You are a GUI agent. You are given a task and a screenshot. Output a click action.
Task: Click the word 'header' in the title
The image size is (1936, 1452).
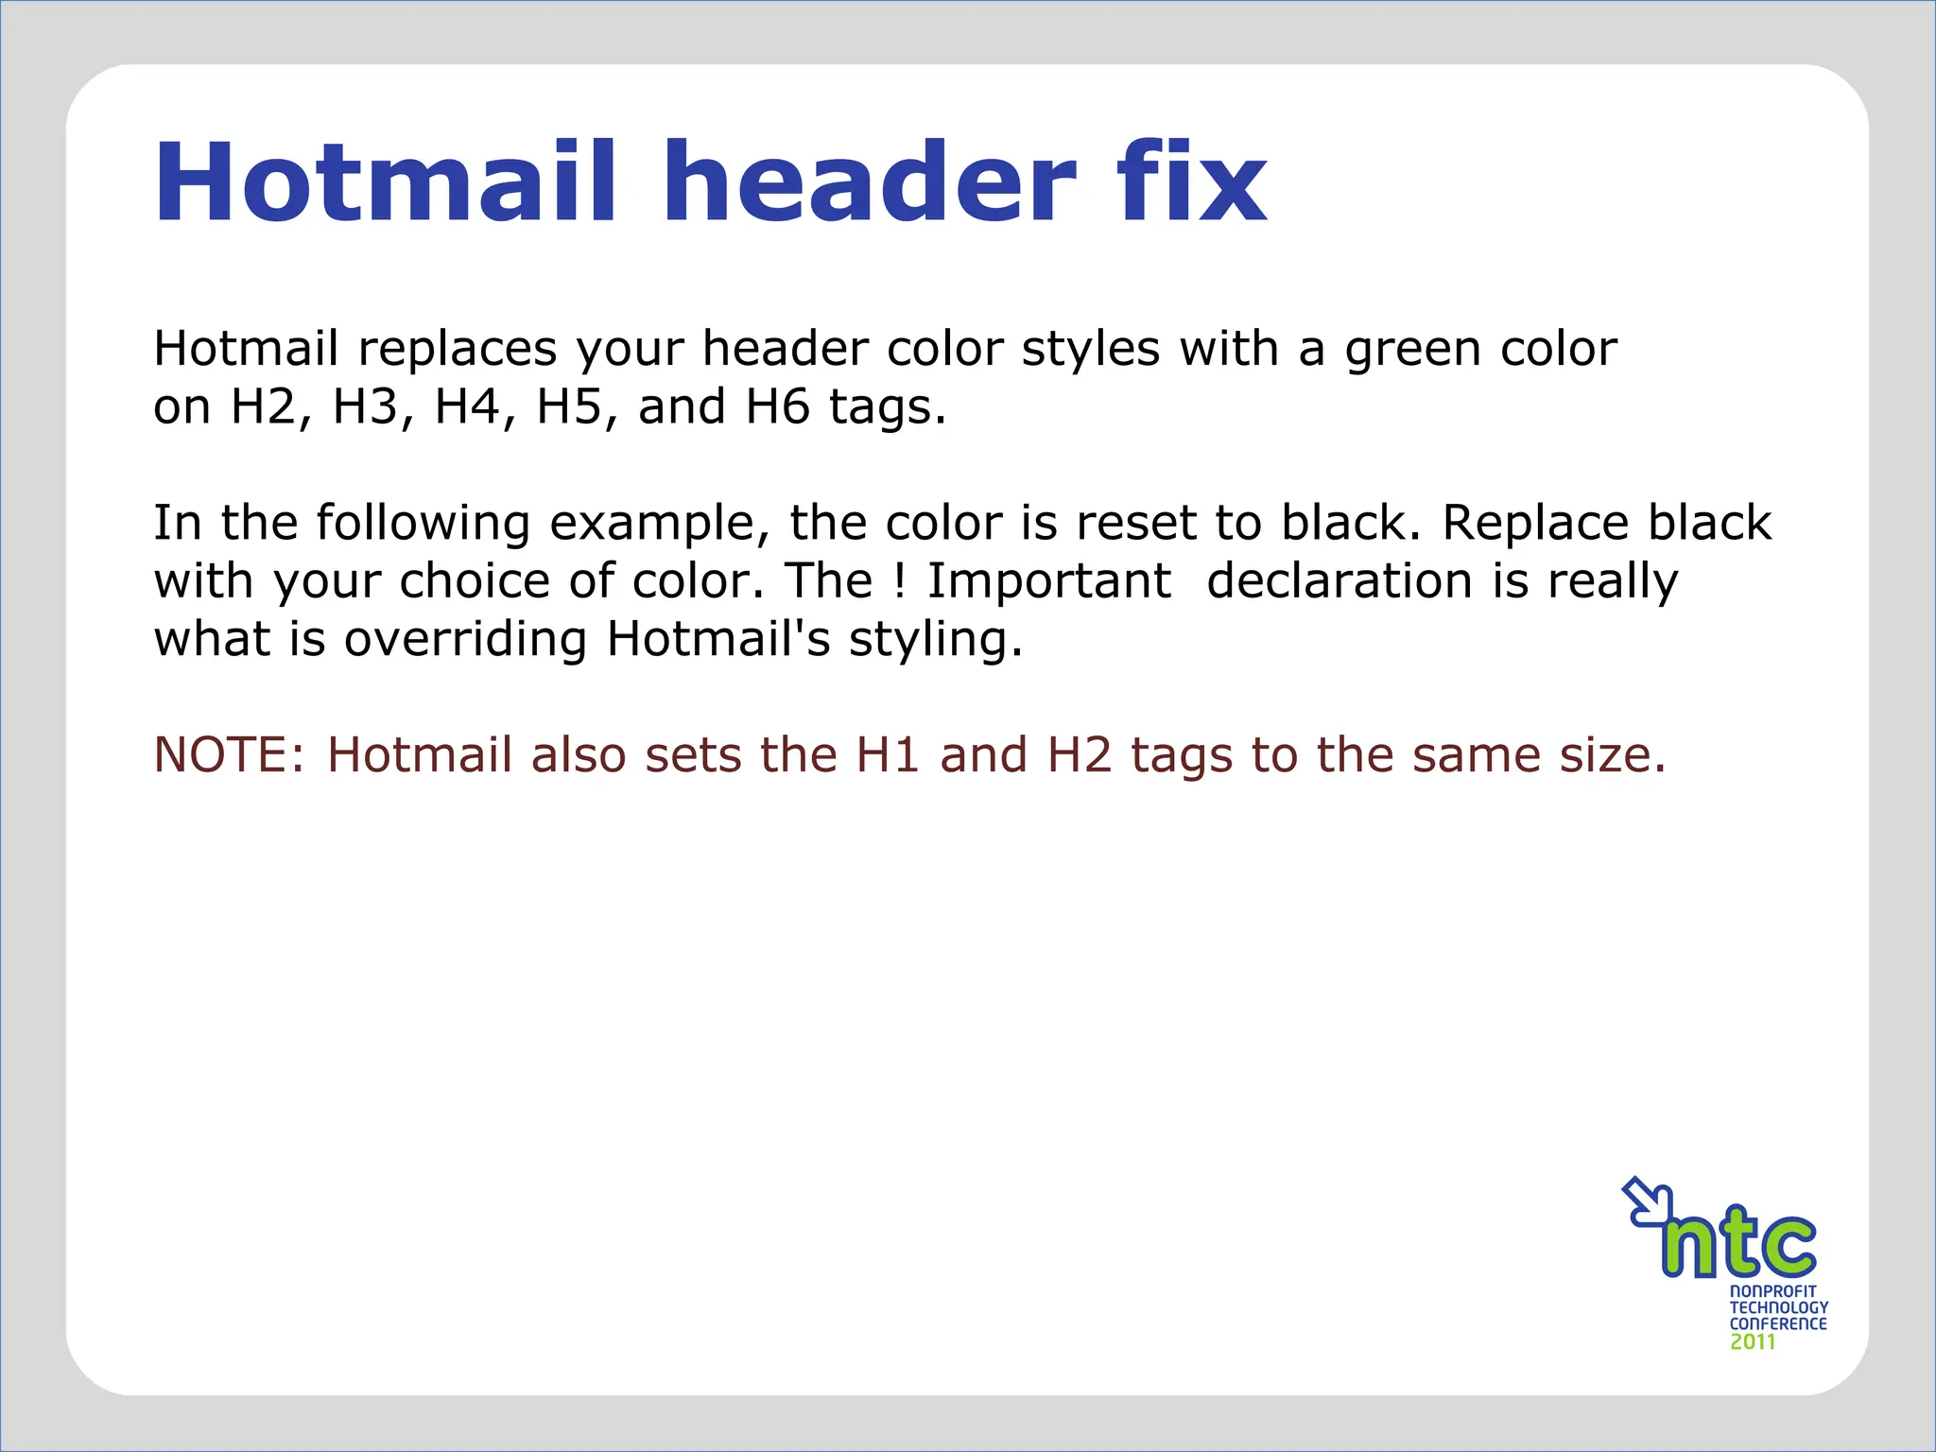point(869,181)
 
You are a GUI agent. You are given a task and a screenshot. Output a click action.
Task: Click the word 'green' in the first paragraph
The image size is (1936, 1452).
point(1412,350)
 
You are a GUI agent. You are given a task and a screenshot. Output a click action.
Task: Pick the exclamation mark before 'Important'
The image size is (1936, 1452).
point(899,580)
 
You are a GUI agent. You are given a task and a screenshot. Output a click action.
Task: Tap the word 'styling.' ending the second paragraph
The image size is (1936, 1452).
point(936,640)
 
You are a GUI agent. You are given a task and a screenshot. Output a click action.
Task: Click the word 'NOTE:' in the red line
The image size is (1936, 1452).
point(230,755)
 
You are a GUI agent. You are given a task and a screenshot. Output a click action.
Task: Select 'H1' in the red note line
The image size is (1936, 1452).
point(888,755)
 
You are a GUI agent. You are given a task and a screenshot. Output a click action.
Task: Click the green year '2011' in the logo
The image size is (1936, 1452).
point(1753,1341)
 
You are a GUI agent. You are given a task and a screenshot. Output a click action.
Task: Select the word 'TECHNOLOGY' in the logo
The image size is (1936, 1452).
point(1778,1307)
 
